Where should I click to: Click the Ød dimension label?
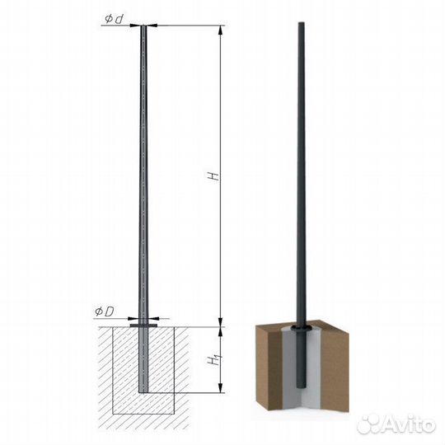pos(114,19)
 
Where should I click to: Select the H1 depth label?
pos(214,359)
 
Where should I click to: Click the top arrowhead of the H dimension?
pos(220,30)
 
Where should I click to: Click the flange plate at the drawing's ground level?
pos(143,326)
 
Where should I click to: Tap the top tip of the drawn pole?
pos(143,26)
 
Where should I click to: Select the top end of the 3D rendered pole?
pos(301,23)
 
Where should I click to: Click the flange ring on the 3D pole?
pos(301,329)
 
